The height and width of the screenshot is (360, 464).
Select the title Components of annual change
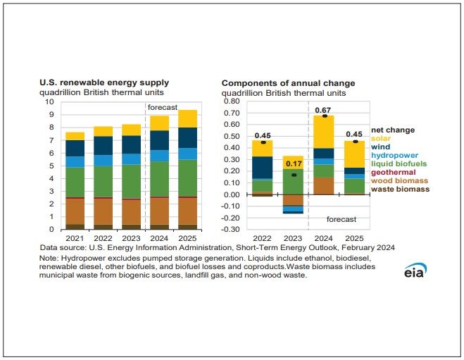pos(288,83)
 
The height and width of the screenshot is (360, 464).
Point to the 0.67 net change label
pos(324,110)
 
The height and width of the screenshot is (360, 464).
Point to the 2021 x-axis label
pos(75,239)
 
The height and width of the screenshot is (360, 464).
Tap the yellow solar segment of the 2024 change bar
pos(324,131)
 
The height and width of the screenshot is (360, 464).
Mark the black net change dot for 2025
pos(354,142)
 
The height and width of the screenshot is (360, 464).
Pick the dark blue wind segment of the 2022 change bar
pos(263,168)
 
